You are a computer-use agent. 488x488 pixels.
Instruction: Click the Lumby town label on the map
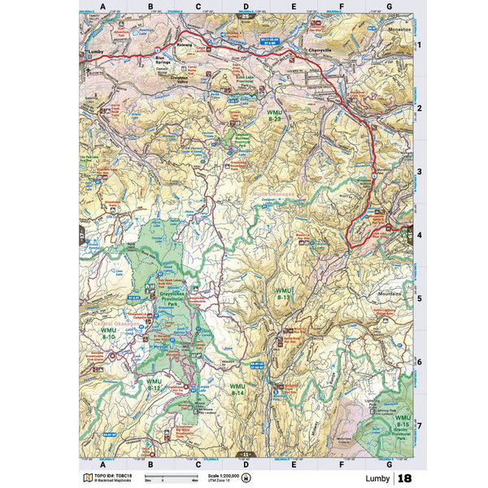click(x=96, y=51)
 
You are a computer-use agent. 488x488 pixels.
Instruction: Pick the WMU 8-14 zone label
click(x=237, y=389)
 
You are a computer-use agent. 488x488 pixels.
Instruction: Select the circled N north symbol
click(x=259, y=477)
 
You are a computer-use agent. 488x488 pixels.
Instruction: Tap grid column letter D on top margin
click(x=246, y=7)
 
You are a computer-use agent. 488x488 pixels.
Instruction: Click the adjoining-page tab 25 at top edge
click(x=246, y=15)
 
